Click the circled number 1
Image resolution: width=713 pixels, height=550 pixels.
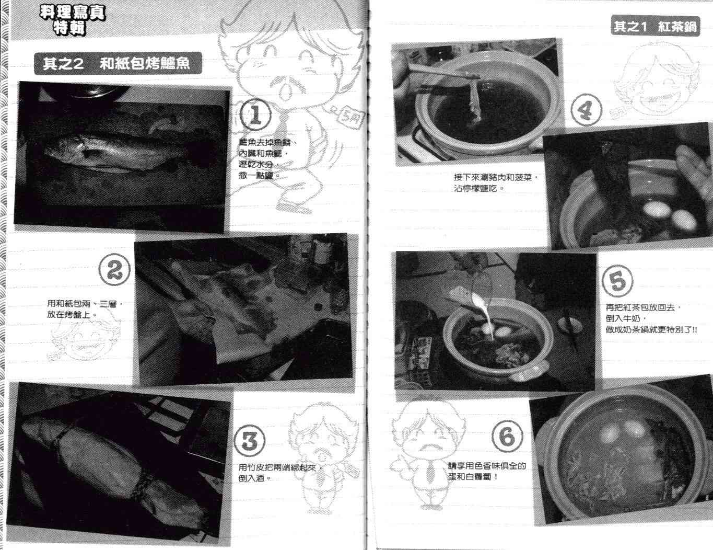click(255, 114)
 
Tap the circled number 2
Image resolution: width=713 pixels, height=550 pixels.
click(114, 270)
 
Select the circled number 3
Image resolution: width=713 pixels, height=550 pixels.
click(250, 440)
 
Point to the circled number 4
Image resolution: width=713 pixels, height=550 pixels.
click(587, 109)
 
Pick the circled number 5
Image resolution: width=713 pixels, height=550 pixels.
click(617, 281)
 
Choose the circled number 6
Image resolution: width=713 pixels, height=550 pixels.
click(507, 437)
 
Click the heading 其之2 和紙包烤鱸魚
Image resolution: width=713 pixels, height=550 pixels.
click(117, 63)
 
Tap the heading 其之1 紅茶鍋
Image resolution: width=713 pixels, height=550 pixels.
click(655, 26)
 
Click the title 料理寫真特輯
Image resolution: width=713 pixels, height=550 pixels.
click(72, 20)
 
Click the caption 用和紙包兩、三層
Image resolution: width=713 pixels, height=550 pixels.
click(85, 304)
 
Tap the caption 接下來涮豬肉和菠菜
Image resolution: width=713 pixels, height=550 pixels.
click(496, 178)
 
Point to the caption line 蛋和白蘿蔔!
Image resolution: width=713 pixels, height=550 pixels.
click(473, 476)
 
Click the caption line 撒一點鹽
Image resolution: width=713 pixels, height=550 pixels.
click(259, 175)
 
